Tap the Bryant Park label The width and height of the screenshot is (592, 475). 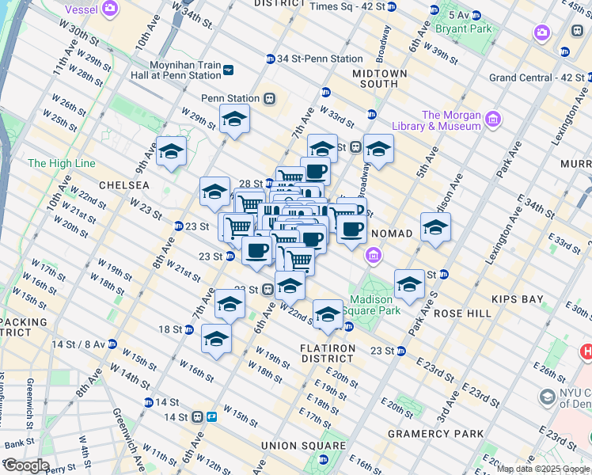[x=463, y=28]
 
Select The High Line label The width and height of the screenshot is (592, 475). [x=62, y=163]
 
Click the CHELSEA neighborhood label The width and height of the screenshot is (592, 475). [x=123, y=184]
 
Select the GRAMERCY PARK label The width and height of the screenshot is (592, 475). [x=436, y=434]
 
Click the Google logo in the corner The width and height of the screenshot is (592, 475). [x=25, y=465]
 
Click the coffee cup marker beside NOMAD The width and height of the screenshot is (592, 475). [x=351, y=230]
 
